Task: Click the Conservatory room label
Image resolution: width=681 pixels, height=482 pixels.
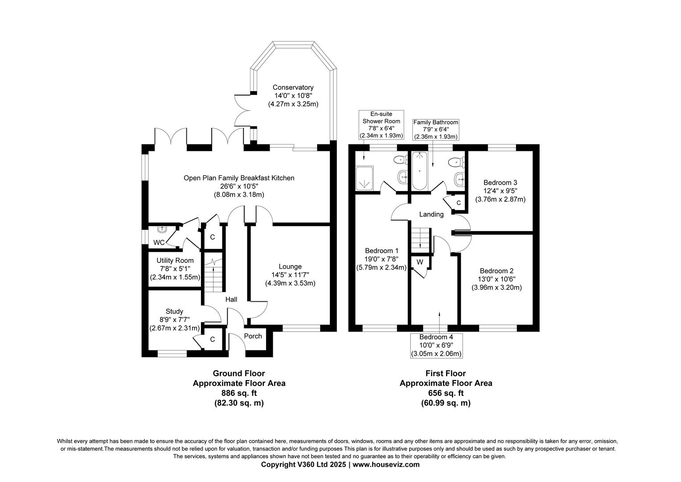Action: pyautogui.click(x=293, y=87)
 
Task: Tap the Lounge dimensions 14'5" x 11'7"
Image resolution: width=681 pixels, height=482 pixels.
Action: pyautogui.click(x=290, y=275)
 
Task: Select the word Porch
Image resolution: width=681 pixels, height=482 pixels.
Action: pyautogui.click(x=253, y=336)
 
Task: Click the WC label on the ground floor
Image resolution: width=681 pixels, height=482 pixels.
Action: pyautogui.click(x=159, y=242)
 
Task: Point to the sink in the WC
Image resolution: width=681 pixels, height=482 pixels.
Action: pyautogui.click(x=163, y=229)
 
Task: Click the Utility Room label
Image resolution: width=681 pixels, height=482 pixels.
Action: pyautogui.click(x=175, y=261)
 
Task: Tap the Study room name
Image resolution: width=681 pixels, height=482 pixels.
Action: pyautogui.click(x=174, y=312)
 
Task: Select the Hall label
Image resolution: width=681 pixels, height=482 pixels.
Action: pyautogui.click(x=231, y=299)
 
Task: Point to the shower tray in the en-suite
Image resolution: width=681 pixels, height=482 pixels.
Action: pyautogui.click(x=365, y=179)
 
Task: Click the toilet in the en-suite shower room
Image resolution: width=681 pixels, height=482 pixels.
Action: pyautogui.click(x=401, y=159)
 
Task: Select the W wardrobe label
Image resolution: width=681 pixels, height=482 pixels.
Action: pyautogui.click(x=420, y=262)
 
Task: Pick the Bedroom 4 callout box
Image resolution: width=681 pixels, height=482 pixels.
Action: pyautogui.click(x=436, y=345)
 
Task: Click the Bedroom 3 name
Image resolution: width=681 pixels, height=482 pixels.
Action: pyautogui.click(x=500, y=183)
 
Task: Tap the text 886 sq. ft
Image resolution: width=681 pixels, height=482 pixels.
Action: pyautogui.click(x=239, y=393)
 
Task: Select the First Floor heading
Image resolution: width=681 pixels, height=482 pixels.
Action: pyautogui.click(x=446, y=373)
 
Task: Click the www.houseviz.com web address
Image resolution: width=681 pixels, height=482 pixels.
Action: pyautogui.click(x=386, y=465)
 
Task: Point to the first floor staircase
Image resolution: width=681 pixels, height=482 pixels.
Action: pyautogui.click(x=421, y=241)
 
